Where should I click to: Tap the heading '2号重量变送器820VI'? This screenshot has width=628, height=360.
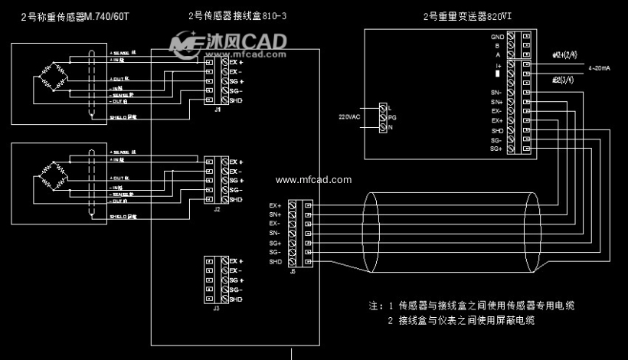473,16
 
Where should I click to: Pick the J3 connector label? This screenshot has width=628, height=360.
217,308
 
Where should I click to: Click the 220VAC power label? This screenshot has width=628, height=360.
348,117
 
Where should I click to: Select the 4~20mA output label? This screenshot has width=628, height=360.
599,69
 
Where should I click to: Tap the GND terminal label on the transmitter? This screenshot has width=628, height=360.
497,36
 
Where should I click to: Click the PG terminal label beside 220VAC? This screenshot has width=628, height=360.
392,117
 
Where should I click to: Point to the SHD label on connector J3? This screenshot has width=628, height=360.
235,299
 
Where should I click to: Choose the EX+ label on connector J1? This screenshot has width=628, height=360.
236,62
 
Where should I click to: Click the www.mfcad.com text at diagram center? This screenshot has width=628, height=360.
313,181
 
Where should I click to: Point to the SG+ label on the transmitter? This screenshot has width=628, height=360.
496,149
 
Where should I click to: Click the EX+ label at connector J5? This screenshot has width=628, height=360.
275,205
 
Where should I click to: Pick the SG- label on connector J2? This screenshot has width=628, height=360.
235,190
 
